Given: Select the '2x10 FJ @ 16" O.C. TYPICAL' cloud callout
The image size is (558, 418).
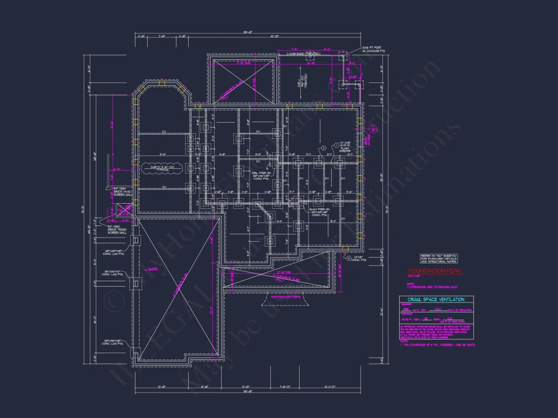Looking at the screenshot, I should point(162,168).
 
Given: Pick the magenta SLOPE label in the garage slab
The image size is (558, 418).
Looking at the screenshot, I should point(153,269).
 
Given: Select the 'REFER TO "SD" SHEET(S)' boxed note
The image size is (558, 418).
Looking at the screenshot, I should point(438,259).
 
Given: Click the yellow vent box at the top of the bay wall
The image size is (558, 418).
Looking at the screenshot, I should point(162,81).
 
